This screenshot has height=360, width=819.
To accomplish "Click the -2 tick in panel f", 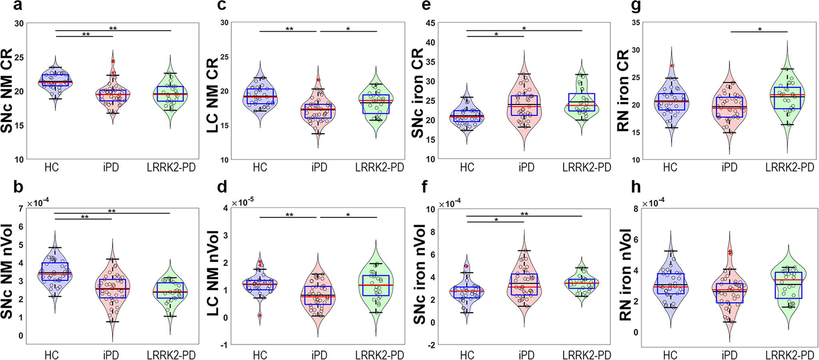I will [x=432, y=345].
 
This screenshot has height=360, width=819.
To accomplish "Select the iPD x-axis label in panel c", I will [x=319, y=167].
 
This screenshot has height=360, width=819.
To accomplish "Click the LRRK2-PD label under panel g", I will [x=789, y=167].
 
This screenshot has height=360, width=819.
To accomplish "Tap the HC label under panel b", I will [x=52, y=355].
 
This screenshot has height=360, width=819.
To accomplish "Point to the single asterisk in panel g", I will [x=759, y=30].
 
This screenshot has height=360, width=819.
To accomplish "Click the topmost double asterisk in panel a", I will [x=113, y=28].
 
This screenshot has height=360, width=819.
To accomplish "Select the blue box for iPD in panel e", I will [x=525, y=105].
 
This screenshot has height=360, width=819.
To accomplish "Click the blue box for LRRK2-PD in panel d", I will [x=376, y=286].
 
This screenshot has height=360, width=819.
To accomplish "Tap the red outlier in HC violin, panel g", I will [x=672, y=66].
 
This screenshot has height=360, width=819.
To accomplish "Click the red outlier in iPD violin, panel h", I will [x=730, y=252].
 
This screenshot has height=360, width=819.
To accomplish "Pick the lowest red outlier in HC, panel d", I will [x=260, y=316].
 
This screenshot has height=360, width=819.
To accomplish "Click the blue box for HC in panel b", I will [x=55, y=272].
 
